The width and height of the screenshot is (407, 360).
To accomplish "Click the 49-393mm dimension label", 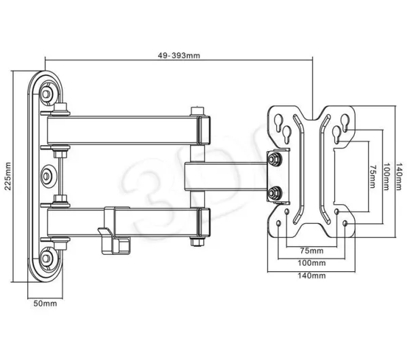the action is tap(179, 56).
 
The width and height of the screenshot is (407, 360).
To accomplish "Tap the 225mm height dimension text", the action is tap(8, 176).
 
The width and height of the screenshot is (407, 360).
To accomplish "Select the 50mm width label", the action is tap(45, 304).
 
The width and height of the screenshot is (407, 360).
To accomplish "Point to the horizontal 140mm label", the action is tap(311, 275).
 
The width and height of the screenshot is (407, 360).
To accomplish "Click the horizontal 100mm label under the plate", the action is tap(311, 263).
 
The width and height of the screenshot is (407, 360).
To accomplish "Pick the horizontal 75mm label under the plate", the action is tap(312, 251).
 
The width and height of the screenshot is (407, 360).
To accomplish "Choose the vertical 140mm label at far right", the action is tap(400, 176).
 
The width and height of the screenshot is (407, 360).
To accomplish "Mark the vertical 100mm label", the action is tap(387, 176).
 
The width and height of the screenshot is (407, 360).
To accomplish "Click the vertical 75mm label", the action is tap(372, 176).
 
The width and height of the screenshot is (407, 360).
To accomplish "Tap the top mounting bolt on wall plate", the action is tap(46, 94).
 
